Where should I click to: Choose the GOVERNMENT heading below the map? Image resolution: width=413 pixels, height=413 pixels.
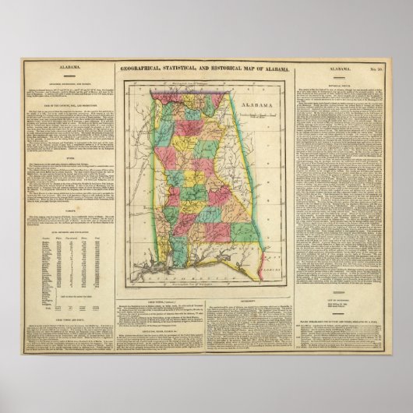coord(246,296)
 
